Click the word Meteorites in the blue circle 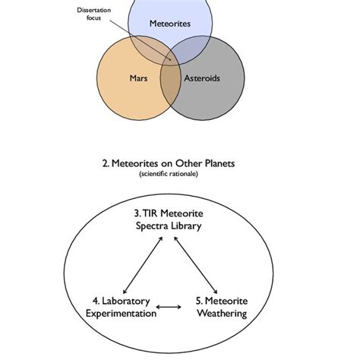click(170, 24)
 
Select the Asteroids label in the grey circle click(201, 77)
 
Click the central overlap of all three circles click(169, 63)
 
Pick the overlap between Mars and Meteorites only click(146, 50)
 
